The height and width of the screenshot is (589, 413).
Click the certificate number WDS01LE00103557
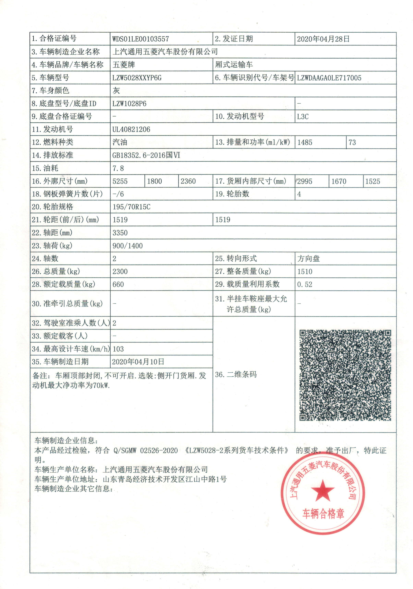[x=141, y=39]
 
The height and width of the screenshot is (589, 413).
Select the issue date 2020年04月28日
[x=323, y=39]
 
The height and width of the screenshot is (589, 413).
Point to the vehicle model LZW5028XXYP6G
[x=137, y=78]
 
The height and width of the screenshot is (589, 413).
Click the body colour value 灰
[x=116, y=91]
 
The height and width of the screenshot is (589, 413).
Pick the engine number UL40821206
[x=131, y=129]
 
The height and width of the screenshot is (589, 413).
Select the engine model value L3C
[x=303, y=117]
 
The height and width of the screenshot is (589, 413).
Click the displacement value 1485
[x=305, y=142]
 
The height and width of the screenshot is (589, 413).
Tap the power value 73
[x=352, y=142]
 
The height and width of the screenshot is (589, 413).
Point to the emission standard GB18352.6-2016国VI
[x=146, y=155]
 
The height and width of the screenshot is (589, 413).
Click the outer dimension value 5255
[x=120, y=181]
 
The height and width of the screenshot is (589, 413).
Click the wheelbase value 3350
[x=120, y=233]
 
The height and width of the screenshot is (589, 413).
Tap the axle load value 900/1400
[x=128, y=246]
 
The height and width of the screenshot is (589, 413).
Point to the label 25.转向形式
[x=236, y=259]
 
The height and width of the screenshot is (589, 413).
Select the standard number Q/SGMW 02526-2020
[x=145, y=450]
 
